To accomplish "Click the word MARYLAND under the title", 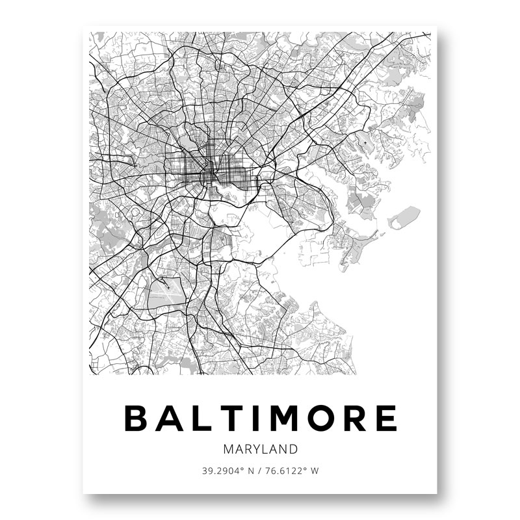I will point(260,449).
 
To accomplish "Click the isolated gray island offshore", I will point(404,217).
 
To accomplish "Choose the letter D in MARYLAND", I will point(294,449).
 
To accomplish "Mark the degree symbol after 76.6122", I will point(305,469).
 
